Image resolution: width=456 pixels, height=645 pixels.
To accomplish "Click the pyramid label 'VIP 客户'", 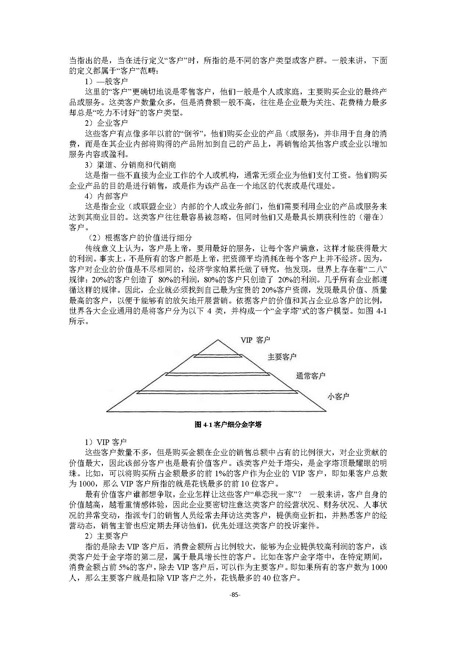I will click(255, 340).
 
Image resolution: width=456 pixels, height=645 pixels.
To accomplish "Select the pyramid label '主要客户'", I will click(282, 357).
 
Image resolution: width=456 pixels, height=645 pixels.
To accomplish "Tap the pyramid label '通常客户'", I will click(310, 376).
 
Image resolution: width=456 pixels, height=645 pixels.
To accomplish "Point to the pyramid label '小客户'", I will click(338, 396).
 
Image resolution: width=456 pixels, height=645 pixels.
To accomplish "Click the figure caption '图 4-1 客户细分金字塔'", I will click(228, 424).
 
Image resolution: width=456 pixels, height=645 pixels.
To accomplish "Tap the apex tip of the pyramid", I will click(218, 339).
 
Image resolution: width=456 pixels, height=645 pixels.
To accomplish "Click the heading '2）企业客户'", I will click(106, 123).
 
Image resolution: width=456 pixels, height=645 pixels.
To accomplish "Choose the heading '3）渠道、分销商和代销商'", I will click(130, 165).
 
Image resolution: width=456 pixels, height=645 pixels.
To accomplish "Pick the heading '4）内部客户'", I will click(106, 196).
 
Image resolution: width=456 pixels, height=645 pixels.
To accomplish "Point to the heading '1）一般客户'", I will click(106, 81).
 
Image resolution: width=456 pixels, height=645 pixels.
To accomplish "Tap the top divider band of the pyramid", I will click(218, 356).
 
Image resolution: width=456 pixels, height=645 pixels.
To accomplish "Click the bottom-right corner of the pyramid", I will click(326, 411).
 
